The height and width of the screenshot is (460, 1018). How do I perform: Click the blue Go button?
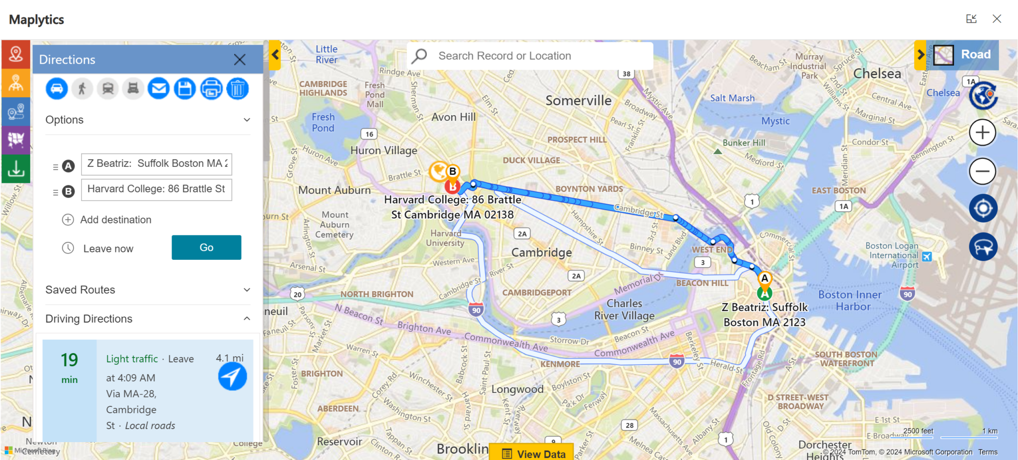coord(206,247)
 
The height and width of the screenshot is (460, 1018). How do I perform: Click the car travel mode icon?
coord(57,89)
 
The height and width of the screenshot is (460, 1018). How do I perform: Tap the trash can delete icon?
coord(238,89)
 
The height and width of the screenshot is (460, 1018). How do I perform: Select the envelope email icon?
coord(159,89)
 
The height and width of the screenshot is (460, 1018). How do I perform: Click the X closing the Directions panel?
coord(240,60)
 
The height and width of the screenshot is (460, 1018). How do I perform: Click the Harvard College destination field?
coord(156,189)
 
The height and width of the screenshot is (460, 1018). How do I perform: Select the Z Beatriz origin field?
coord(156,164)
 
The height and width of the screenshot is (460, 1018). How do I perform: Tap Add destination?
coord(115,220)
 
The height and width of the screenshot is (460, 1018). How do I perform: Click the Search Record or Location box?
coord(529,56)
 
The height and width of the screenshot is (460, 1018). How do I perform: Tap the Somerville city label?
coord(579,101)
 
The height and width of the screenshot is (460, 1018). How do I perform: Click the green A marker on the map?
coord(764,293)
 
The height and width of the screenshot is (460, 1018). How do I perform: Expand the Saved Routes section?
coord(148,290)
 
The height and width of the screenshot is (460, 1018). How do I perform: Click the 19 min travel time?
coord(70,367)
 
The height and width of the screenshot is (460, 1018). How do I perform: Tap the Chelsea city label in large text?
coord(877,74)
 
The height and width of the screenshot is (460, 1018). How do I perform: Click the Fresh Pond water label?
coord(323,123)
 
